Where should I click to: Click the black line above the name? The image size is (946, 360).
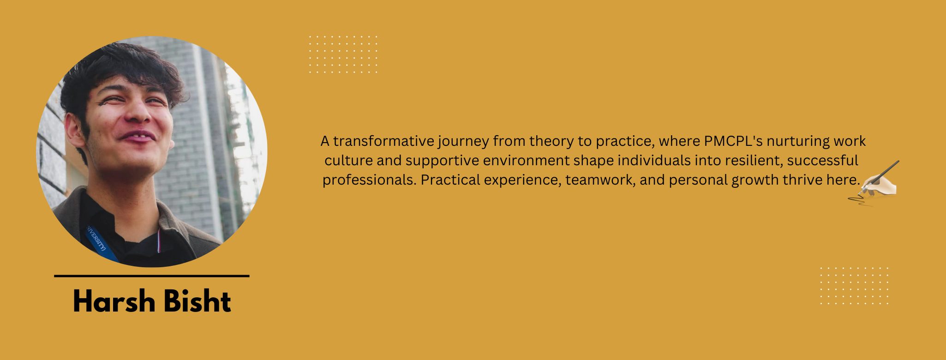[x=152, y=276]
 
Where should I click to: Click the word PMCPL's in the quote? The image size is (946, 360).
[x=734, y=141]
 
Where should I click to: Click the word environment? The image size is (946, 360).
[x=526, y=160]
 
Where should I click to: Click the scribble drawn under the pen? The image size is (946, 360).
[x=859, y=200]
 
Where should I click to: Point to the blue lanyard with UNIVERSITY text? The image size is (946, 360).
[x=99, y=242]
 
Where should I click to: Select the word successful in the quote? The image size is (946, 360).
[x=822, y=160]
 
